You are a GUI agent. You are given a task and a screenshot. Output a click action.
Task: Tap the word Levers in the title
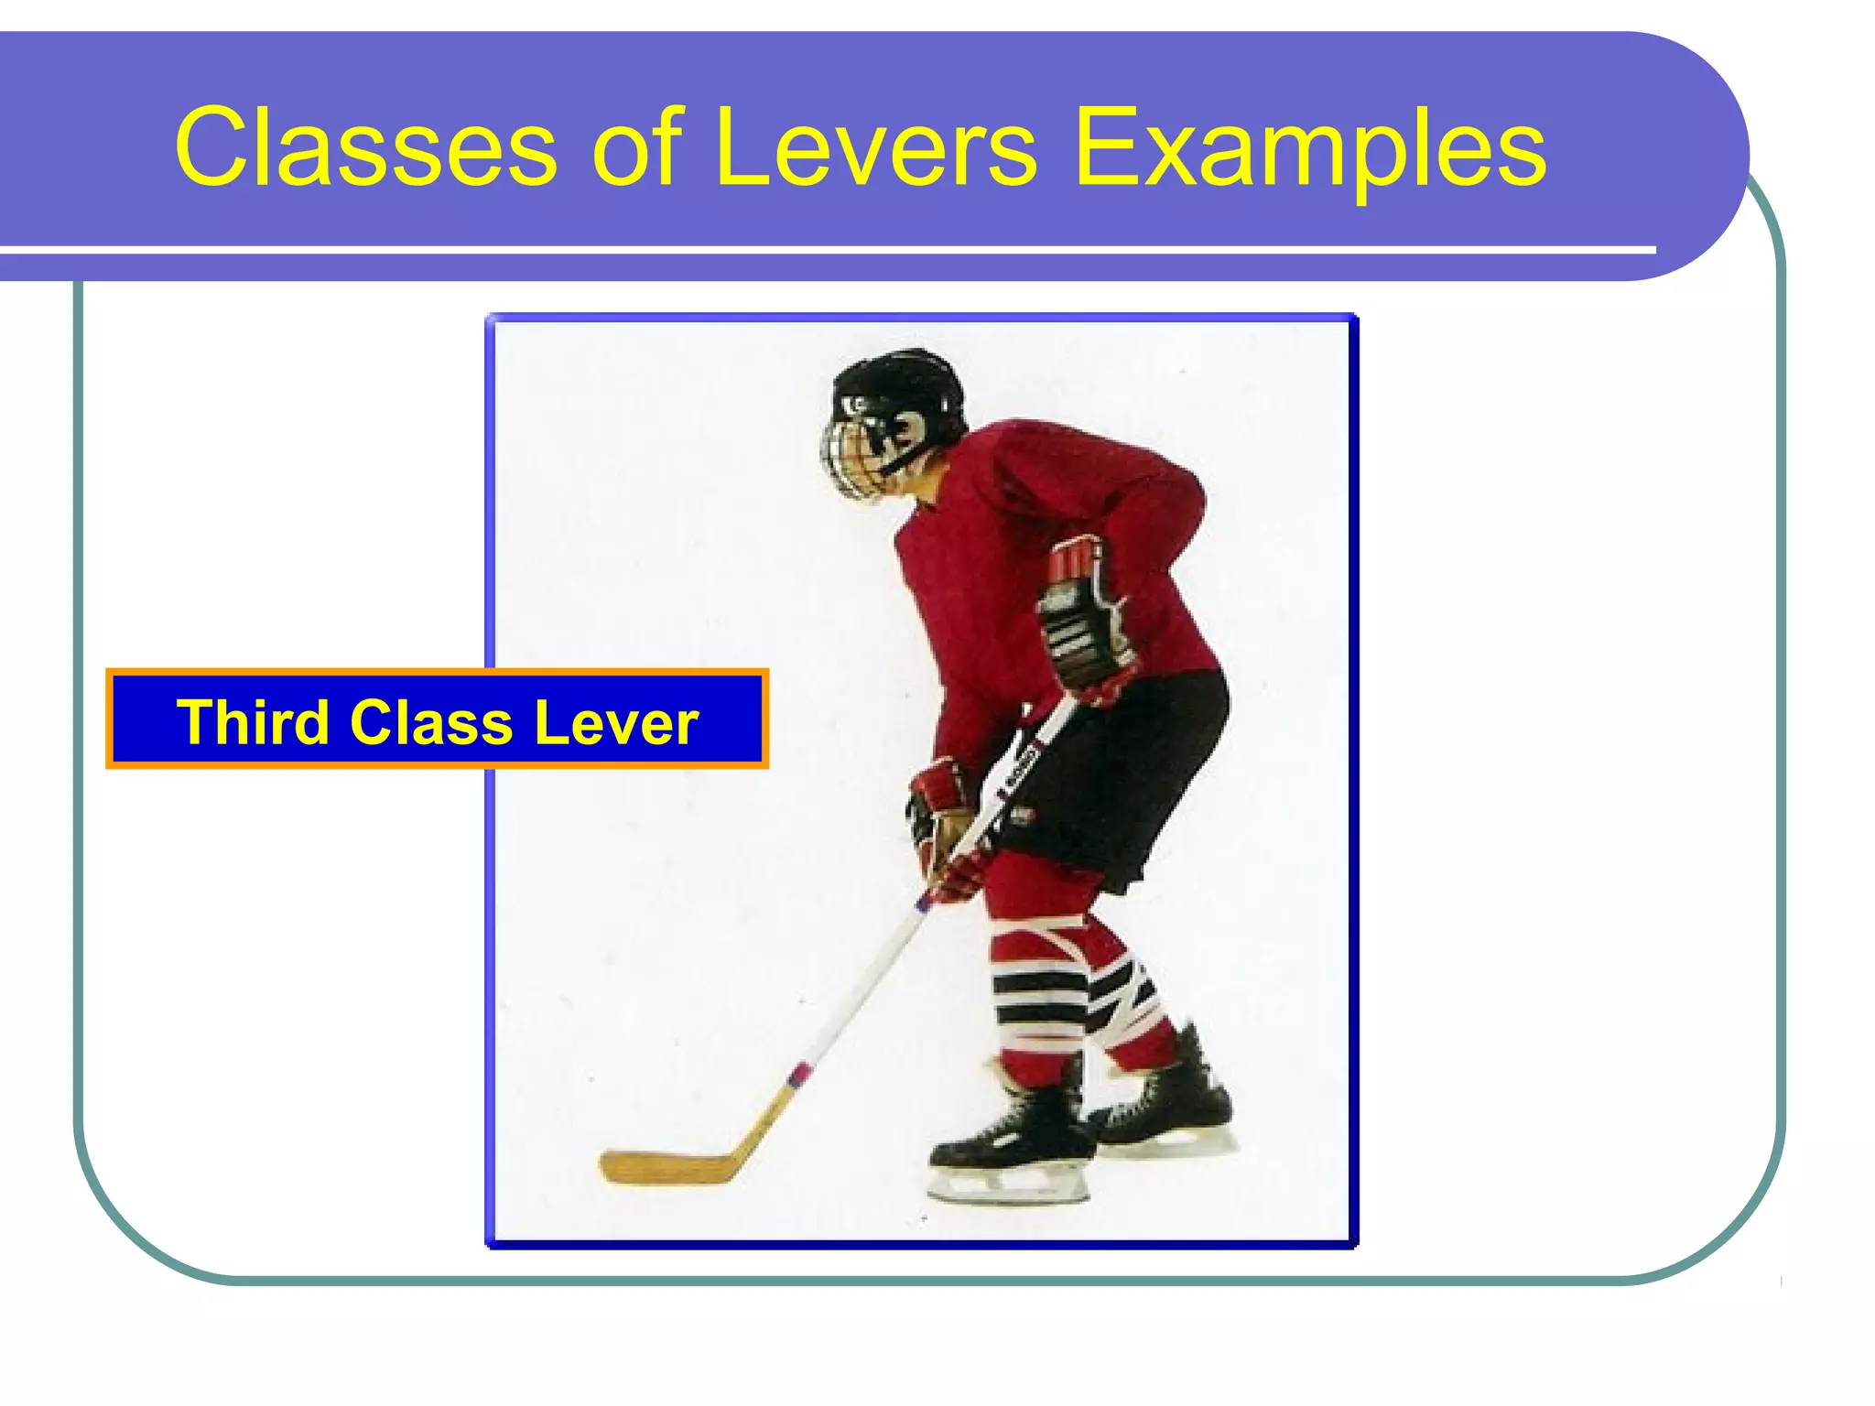(x=874, y=148)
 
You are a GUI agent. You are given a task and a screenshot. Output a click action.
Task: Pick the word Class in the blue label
(x=430, y=722)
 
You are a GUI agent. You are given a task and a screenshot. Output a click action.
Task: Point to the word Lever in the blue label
(x=615, y=722)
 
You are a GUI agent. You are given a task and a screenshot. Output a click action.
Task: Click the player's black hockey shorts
(x=1126, y=778)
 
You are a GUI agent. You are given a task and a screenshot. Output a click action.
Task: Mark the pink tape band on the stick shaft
(x=798, y=1073)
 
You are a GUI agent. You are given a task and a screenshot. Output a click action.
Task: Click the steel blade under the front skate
(x=1007, y=1190)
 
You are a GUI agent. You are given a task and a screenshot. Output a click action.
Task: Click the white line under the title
(x=824, y=250)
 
